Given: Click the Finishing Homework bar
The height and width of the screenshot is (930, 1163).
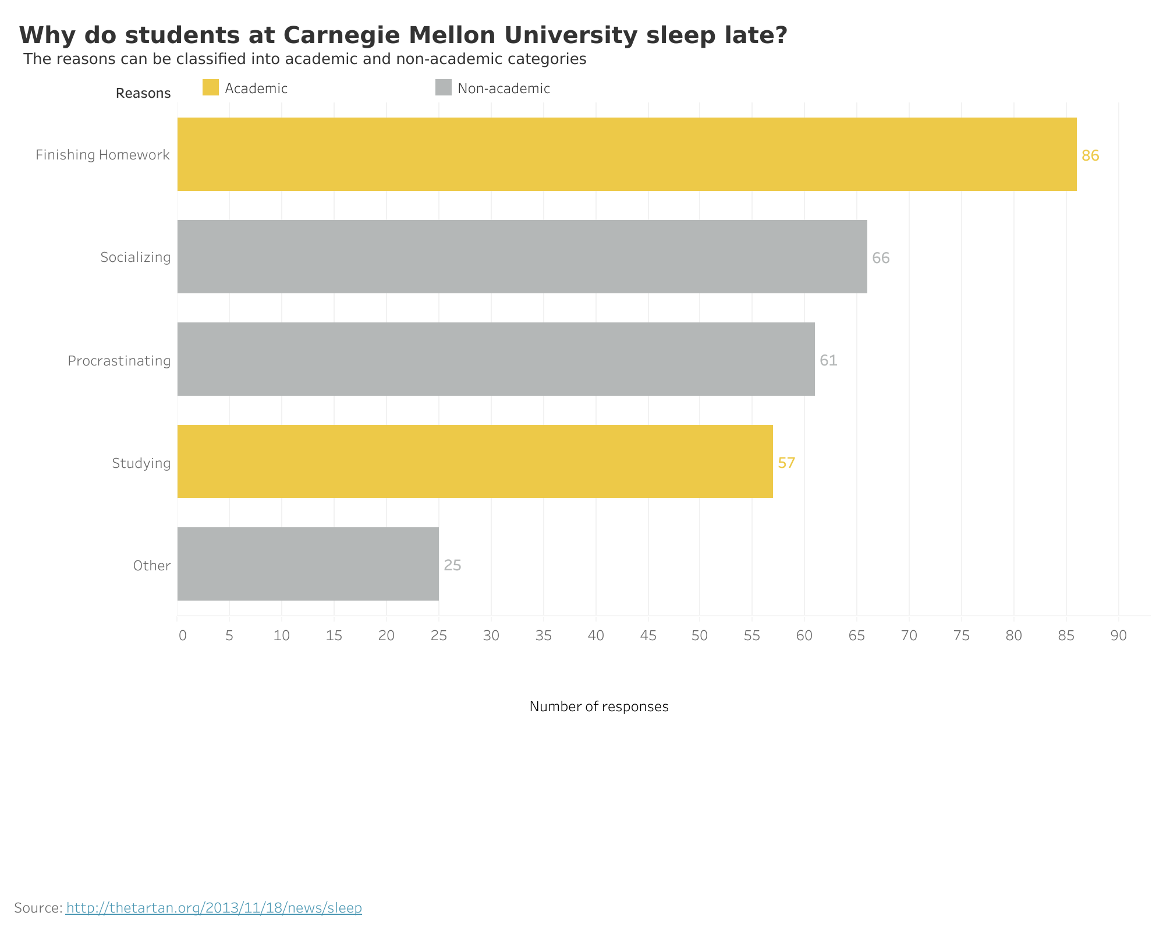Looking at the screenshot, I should point(626,154).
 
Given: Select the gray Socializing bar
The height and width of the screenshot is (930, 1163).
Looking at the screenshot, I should point(522,257).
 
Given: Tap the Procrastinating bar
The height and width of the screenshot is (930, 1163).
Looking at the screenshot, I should point(495,359).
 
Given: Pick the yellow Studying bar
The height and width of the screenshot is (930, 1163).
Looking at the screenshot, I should point(474,462).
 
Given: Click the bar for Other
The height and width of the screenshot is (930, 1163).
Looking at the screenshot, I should point(307,564).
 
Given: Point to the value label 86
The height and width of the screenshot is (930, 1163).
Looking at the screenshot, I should point(1090,155).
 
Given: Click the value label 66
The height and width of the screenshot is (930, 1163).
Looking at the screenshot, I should point(880,258).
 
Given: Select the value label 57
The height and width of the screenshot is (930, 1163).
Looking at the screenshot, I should point(786,463).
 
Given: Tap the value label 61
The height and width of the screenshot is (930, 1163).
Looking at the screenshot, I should point(828,360).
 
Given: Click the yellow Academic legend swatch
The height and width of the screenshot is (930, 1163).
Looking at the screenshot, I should point(210,88).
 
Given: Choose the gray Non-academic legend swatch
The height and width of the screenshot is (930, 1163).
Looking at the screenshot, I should point(443,88).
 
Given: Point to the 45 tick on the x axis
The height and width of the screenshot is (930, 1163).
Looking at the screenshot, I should point(648,636).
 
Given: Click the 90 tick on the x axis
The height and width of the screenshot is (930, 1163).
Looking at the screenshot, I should point(1118,636).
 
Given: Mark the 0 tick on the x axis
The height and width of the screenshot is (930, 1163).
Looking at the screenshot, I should point(182,636).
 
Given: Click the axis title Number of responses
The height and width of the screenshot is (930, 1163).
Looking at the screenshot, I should point(598,707).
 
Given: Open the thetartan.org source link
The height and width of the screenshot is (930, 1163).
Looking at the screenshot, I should point(214,907).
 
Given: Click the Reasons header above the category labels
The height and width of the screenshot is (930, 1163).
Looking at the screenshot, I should point(143,93).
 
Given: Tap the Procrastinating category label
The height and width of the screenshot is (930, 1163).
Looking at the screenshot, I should point(119,361).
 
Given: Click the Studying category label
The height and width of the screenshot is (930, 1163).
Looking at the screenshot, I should point(141,463).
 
